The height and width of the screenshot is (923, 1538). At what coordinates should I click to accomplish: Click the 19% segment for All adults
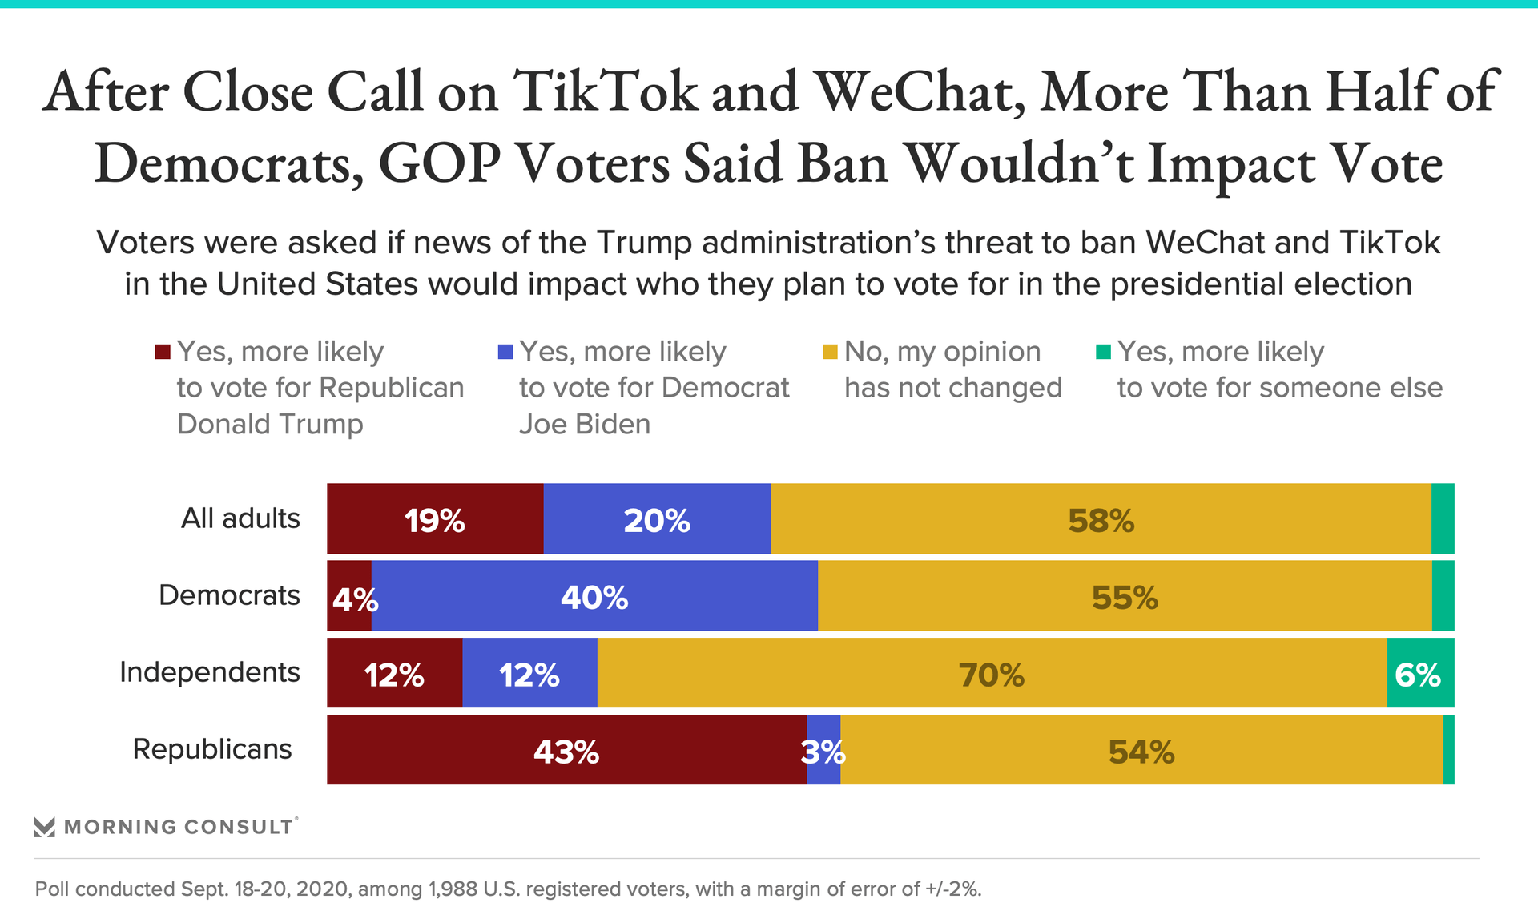[x=435, y=518]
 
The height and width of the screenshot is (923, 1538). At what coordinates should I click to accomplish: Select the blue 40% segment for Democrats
[x=594, y=595]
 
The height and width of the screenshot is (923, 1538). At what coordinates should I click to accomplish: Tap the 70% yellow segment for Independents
[x=992, y=673]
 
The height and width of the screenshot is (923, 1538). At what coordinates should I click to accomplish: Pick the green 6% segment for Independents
[x=1420, y=673]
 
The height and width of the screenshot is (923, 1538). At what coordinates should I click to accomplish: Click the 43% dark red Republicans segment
[x=566, y=750]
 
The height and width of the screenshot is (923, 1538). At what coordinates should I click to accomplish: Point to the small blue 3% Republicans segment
[x=823, y=750]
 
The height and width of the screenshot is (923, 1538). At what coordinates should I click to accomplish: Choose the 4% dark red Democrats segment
[x=349, y=595]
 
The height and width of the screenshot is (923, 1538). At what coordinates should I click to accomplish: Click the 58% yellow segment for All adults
[x=1101, y=518]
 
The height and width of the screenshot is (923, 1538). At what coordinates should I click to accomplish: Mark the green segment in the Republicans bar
[x=1448, y=750]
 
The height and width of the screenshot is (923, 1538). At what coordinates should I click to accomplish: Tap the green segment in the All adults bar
[x=1443, y=518]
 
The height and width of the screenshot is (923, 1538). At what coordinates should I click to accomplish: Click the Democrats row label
[x=229, y=595]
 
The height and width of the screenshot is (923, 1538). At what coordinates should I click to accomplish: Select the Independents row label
[x=210, y=672]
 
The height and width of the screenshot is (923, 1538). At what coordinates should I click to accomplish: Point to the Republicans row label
[x=212, y=749]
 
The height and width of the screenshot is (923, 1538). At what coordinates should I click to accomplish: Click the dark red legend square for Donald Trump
[x=163, y=352]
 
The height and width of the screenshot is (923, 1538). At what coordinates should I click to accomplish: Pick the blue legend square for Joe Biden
[x=505, y=352]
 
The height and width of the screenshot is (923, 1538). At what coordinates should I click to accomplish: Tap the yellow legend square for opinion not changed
[x=830, y=352]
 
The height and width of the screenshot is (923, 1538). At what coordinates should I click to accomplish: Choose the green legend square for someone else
[x=1103, y=352]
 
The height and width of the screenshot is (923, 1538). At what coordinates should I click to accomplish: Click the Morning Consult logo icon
[x=45, y=827]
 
